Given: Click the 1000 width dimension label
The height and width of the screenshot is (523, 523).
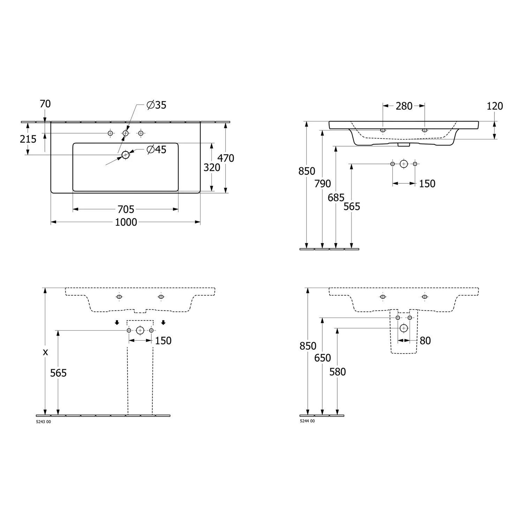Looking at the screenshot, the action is (126, 222).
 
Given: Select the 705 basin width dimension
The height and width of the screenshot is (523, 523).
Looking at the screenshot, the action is (126, 209).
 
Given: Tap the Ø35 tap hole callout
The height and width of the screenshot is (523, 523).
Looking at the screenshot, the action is (157, 105).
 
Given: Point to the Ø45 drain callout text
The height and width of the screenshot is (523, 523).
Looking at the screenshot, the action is (157, 150).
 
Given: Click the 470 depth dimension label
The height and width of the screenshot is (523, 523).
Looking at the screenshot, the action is (226, 158).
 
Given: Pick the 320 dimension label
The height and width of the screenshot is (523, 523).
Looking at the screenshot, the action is (212, 168).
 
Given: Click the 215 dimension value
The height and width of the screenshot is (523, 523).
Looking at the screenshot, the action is (28, 139).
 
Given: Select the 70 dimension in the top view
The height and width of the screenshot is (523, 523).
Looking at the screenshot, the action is (45, 104).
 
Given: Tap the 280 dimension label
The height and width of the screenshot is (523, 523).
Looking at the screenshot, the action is (404, 106).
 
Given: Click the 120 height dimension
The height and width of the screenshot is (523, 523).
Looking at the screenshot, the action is (495, 106).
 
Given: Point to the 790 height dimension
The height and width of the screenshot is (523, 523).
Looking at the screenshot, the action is (323, 183).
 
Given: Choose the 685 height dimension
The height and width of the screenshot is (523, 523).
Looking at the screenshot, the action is (336, 198).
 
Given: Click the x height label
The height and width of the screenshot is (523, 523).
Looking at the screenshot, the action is (45, 353).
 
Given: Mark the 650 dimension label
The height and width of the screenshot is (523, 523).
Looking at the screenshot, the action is (323, 358).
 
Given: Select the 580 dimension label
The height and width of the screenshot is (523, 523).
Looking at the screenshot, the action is (338, 372).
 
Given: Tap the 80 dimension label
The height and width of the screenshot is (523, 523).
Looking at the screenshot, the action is (425, 341).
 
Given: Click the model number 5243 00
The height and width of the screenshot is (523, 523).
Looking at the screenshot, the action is (44, 422).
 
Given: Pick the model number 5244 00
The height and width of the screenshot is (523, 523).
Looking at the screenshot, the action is (307, 421).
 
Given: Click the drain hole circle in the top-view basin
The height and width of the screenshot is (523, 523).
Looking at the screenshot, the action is (126, 155).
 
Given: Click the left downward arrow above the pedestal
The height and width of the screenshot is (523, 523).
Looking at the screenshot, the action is (117, 323).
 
